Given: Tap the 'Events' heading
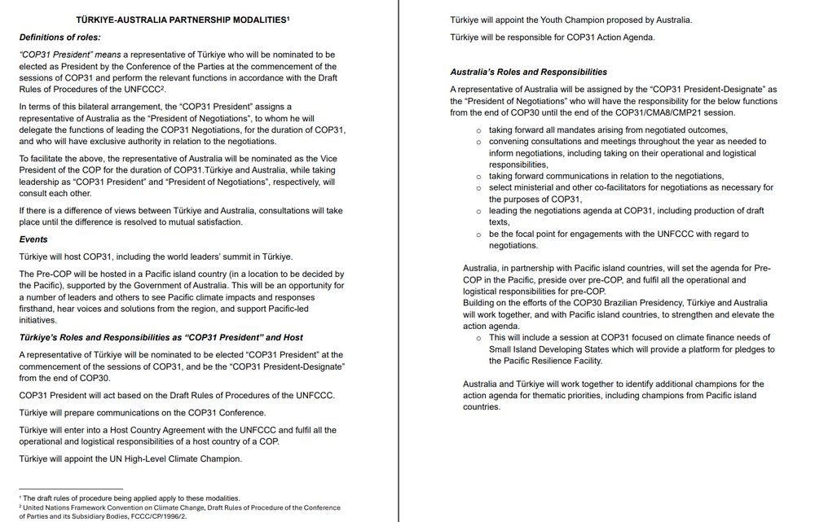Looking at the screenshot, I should tap(33, 239).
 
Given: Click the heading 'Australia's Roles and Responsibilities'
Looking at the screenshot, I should tap(528, 72).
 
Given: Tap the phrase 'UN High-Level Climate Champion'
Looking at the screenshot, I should tap(173, 458).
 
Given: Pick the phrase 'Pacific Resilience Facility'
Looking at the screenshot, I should tap(545, 360).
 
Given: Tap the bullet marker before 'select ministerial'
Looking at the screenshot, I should tap(478, 188).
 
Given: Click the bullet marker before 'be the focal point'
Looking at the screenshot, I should tap(478, 234).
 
